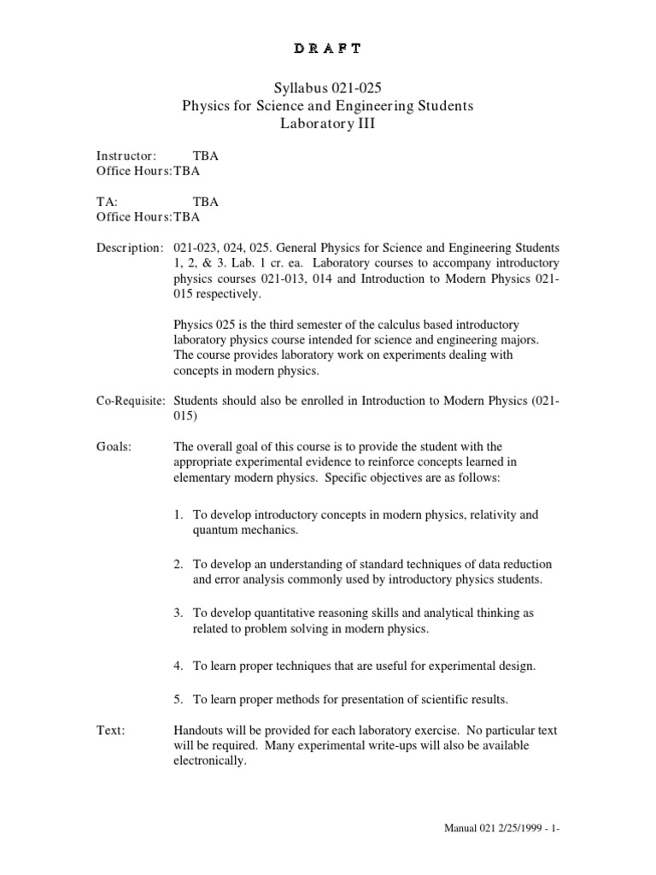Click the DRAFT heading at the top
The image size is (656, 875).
click(x=327, y=48)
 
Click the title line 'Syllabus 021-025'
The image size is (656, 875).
click(x=327, y=88)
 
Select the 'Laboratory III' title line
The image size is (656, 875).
click(x=327, y=124)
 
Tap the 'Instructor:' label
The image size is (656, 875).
click(x=126, y=156)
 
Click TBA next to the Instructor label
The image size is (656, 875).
click(x=206, y=156)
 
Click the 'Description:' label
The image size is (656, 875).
click(x=128, y=248)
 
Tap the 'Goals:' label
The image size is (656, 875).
click(x=113, y=447)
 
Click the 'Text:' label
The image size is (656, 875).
click(x=109, y=731)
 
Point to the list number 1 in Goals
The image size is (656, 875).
click(x=178, y=515)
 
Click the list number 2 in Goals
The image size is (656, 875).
click(x=178, y=565)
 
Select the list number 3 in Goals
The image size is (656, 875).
click(x=178, y=614)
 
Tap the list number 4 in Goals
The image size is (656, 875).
click(x=178, y=665)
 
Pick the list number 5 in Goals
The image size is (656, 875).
click(x=178, y=700)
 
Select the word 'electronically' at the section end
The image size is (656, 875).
click(x=209, y=761)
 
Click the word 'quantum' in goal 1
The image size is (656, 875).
click(x=214, y=530)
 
